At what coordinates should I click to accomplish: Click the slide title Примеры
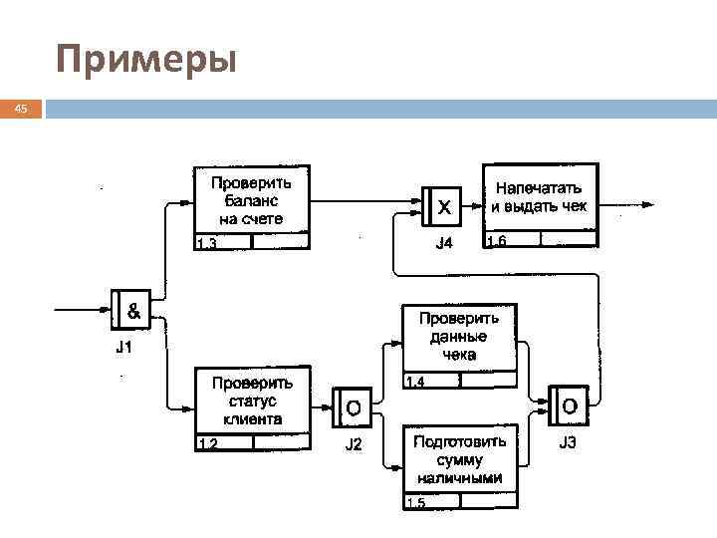146,60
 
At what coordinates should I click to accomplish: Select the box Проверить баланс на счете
252,200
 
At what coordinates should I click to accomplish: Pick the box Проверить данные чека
459,337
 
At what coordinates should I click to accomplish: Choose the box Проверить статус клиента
251,401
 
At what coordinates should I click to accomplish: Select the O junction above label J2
352,406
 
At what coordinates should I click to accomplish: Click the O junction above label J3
568,405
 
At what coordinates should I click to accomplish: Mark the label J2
353,444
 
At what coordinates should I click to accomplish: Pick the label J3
568,442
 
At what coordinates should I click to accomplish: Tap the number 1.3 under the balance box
207,242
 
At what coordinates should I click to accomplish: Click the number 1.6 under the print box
496,239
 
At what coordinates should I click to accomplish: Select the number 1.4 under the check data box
415,382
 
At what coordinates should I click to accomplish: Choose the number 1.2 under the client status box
207,444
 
